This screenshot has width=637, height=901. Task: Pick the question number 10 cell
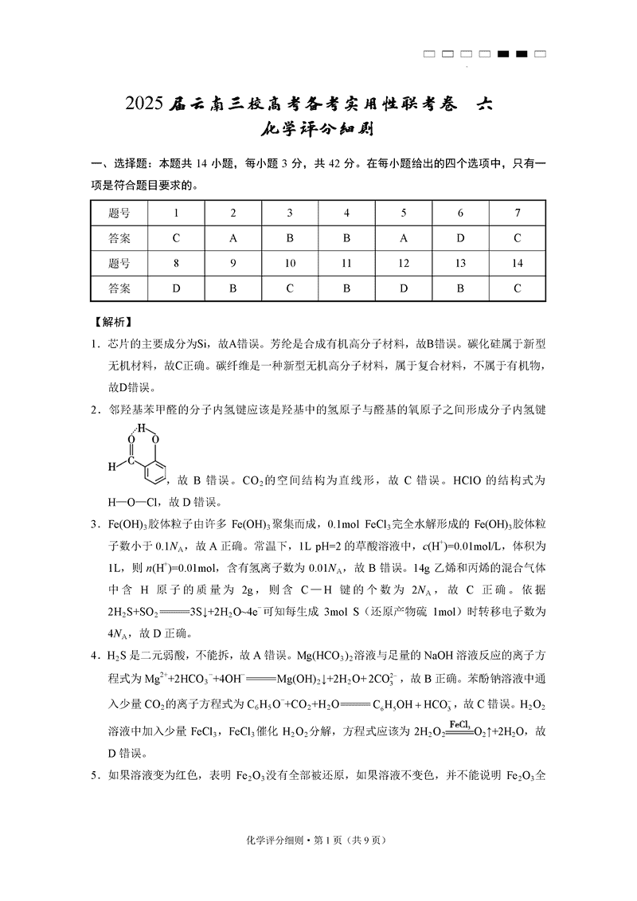click(x=290, y=264)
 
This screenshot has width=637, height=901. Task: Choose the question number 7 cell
click(x=517, y=213)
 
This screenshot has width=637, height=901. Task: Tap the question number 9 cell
click(x=233, y=264)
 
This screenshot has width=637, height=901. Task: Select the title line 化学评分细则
click(x=318, y=131)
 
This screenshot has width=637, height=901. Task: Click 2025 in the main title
click(x=144, y=104)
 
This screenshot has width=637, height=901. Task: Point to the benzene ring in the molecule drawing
click(x=154, y=469)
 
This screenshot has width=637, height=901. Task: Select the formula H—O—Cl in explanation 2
click(x=127, y=502)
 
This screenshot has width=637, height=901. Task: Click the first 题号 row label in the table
click(x=119, y=213)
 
